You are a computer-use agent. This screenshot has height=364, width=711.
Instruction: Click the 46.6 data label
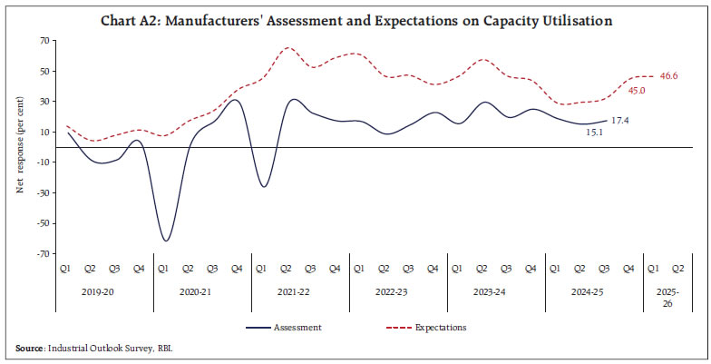(669, 76)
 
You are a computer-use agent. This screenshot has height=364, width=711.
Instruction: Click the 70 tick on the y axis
(44, 41)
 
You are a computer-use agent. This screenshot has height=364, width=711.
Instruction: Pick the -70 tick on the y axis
(42, 254)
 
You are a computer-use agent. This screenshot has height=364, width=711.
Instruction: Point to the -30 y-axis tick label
(42, 193)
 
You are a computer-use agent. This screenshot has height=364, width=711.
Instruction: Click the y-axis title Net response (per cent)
(19, 147)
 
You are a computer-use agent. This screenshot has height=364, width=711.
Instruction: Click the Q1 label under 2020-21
(164, 269)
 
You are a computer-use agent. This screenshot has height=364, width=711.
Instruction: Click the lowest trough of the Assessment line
(166, 241)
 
